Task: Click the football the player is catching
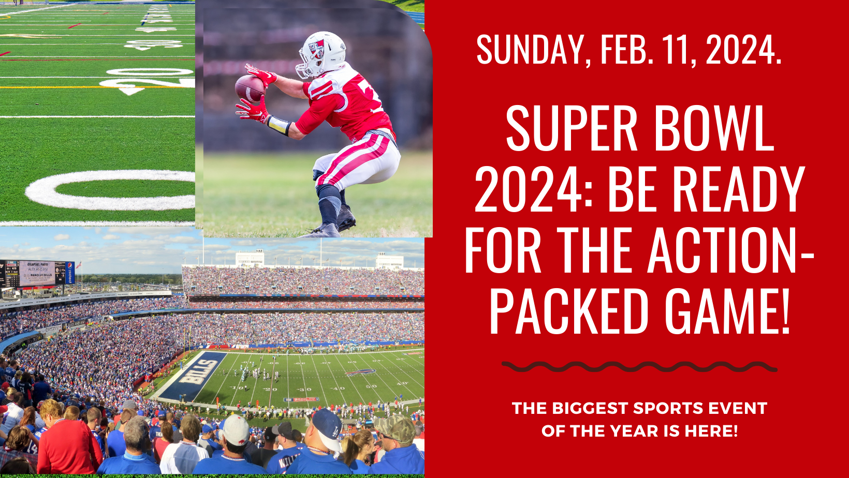click(250, 88)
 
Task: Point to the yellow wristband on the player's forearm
click(279, 125)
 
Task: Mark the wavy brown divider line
click(639, 367)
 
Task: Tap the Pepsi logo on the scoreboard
click(70, 272)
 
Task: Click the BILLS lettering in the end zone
click(198, 371)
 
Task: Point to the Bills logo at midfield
click(360, 372)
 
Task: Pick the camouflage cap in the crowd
click(396, 428)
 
